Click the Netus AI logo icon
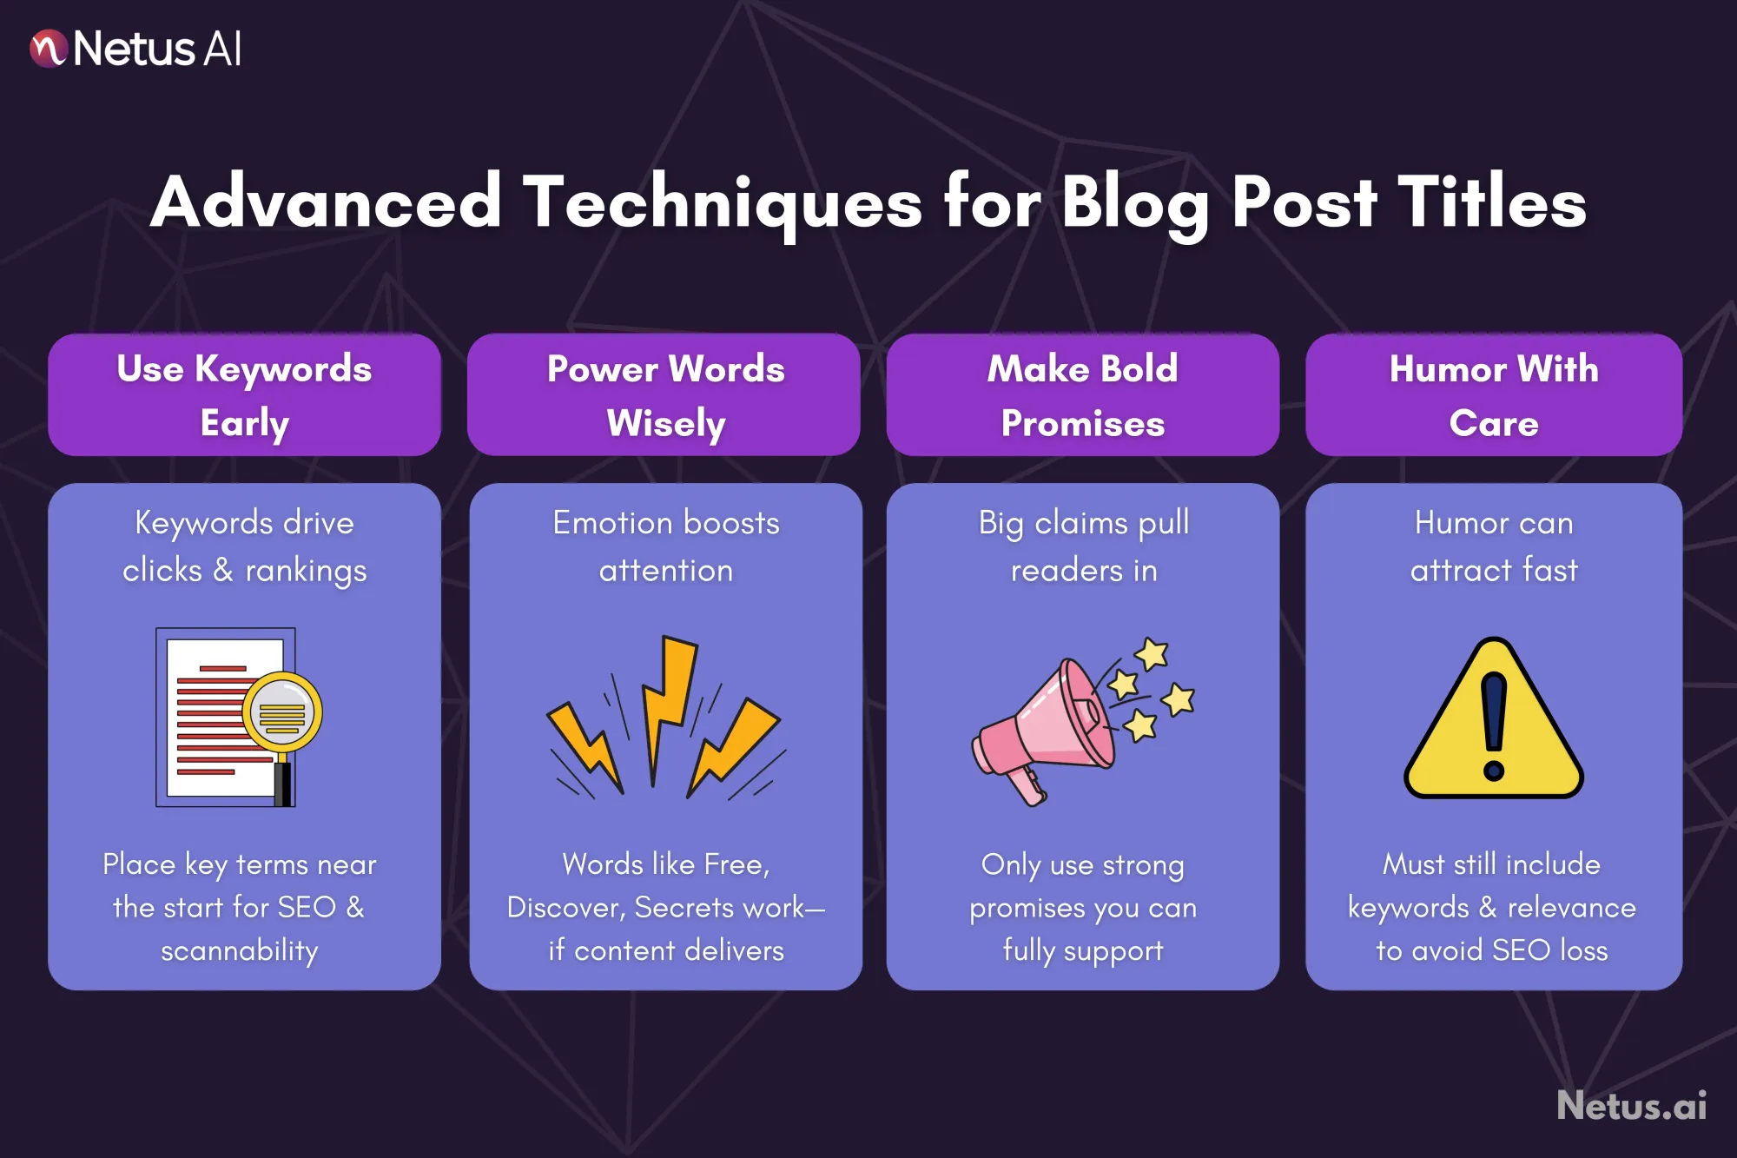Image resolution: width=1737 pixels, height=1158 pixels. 49,49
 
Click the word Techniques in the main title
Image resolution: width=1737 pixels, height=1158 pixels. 723,203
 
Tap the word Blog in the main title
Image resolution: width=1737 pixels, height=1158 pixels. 1134,203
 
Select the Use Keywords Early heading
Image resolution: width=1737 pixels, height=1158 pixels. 244,395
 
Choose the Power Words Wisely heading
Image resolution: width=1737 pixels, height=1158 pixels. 665,395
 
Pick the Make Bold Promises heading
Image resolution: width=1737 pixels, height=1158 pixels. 1082,395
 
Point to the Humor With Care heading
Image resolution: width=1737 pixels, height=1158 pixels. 1493,395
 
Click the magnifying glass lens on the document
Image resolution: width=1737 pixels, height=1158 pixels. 282,712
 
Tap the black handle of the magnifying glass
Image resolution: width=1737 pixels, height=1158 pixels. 283,783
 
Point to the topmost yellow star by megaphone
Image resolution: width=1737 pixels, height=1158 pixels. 1152,653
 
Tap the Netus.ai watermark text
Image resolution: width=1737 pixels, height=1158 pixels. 1631,1106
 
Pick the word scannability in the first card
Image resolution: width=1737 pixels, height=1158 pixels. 240,950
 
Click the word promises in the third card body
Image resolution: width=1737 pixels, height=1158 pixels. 1027,909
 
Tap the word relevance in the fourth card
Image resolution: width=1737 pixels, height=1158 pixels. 1572,907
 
